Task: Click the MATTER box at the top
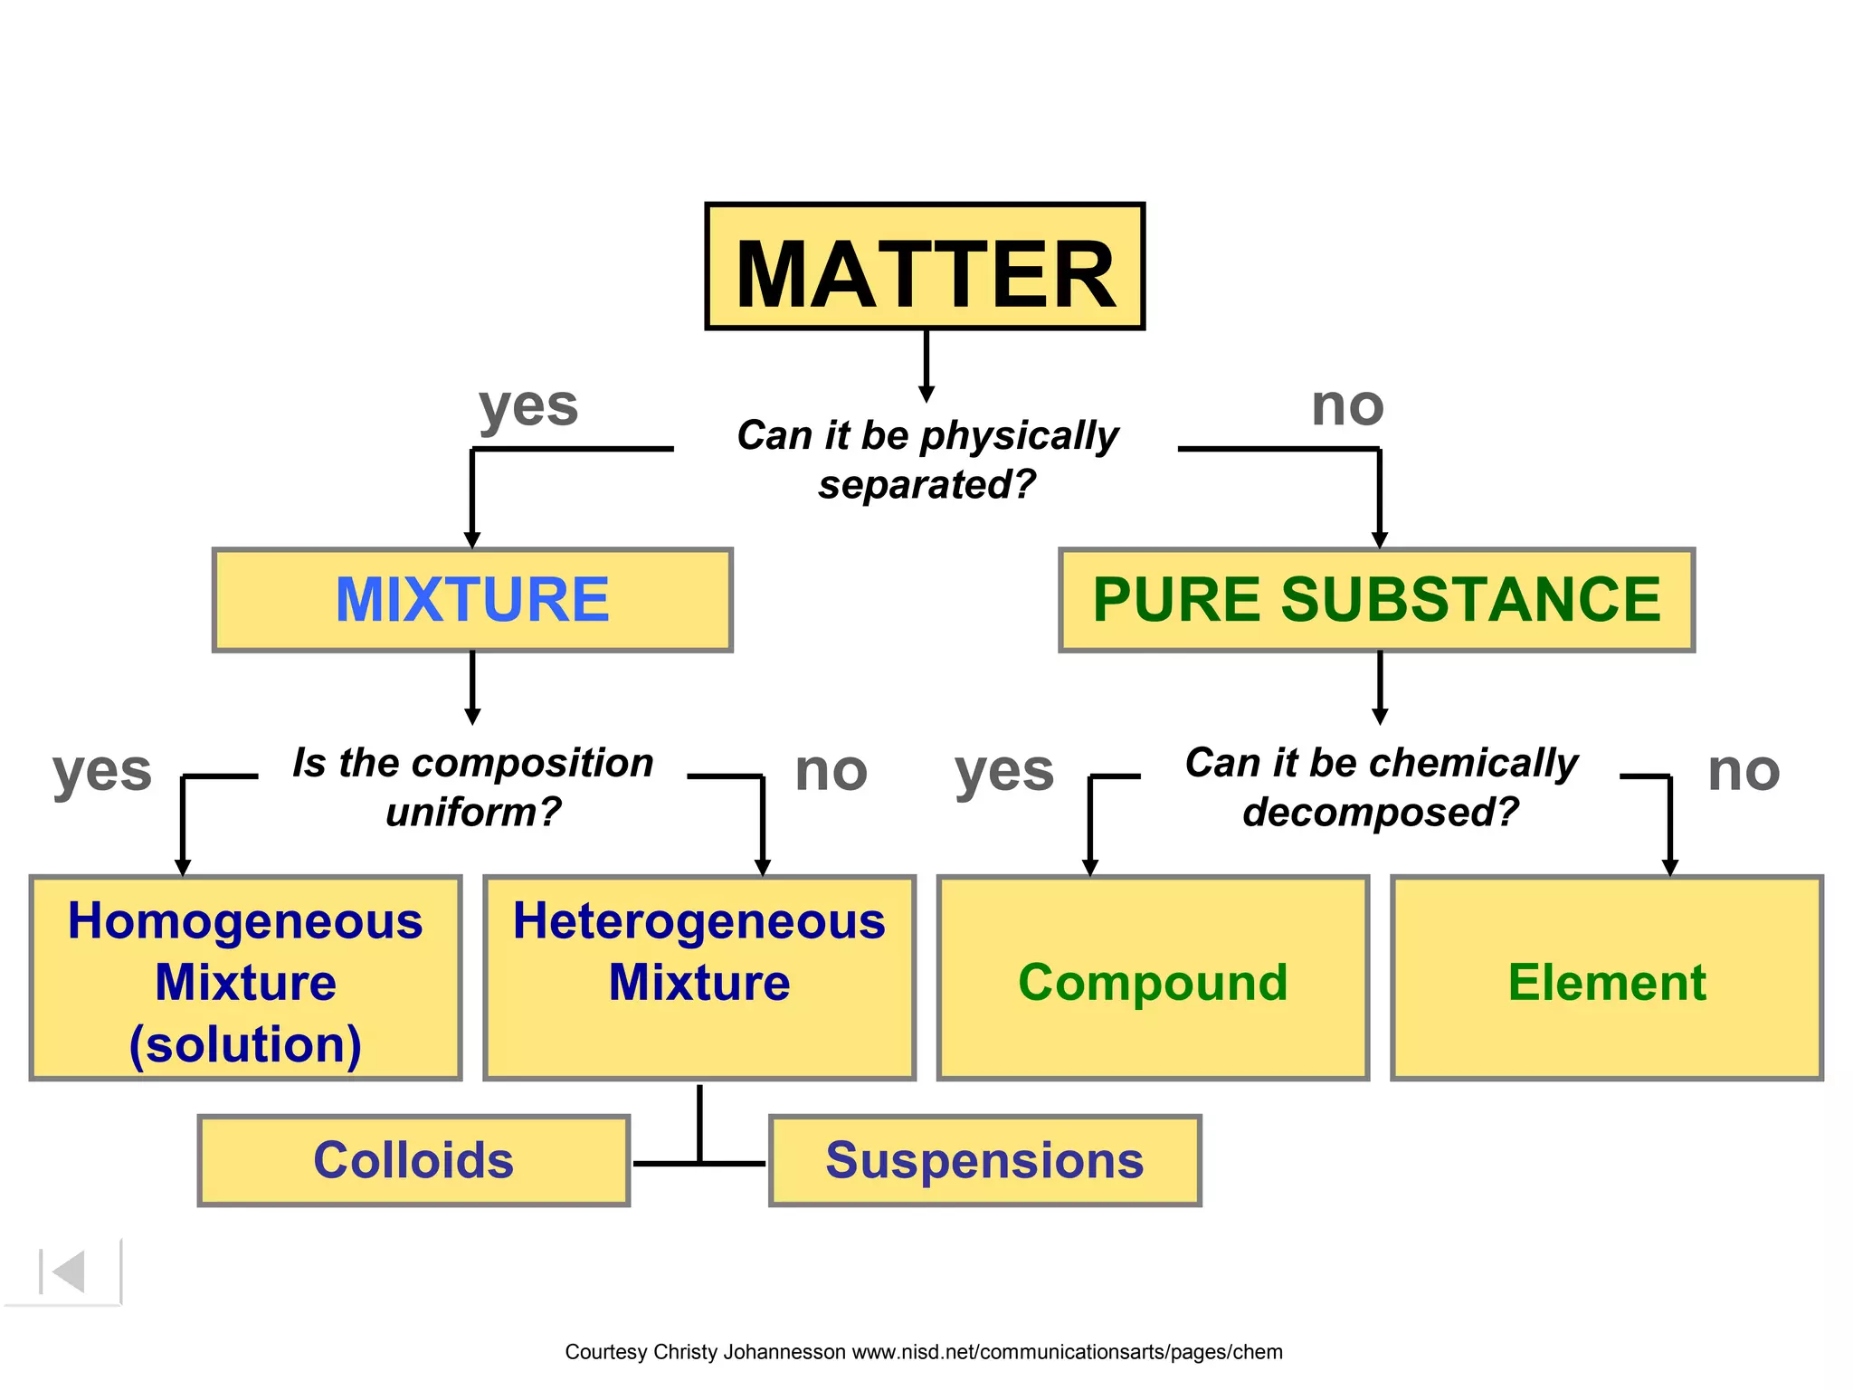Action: click(925, 267)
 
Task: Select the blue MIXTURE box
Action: click(472, 600)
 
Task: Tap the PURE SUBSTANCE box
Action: click(1376, 600)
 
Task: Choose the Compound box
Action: click(1153, 981)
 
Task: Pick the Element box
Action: click(1607, 981)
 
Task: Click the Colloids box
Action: click(413, 1160)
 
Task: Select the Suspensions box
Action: click(984, 1160)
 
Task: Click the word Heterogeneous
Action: click(698, 921)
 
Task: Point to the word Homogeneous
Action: click(245, 921)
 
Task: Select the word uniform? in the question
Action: click(473, 812)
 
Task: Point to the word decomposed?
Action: click(1381, 812)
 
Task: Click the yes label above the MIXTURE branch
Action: click(528, 407)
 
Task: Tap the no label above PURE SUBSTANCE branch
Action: click(1347, 405)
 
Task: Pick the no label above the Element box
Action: click(1744, 771)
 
